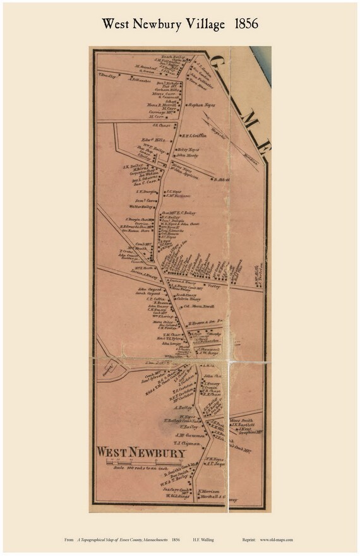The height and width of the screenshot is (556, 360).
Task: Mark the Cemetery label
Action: point(105,367)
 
